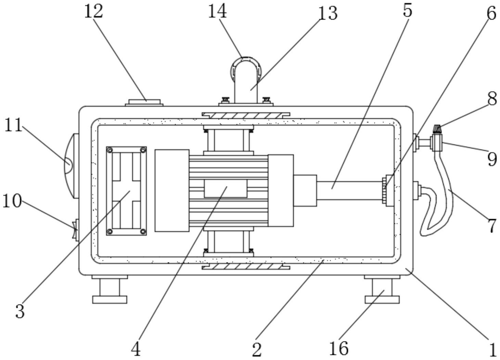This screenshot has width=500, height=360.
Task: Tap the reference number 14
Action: [x=217, y=12]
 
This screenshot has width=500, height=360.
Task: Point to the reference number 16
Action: [x=338, y=348]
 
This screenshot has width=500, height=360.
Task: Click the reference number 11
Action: [x=13, y=125]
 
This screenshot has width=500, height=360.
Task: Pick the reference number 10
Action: [x=12, y=201]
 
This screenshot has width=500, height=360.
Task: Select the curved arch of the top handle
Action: [x=245, y=59]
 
